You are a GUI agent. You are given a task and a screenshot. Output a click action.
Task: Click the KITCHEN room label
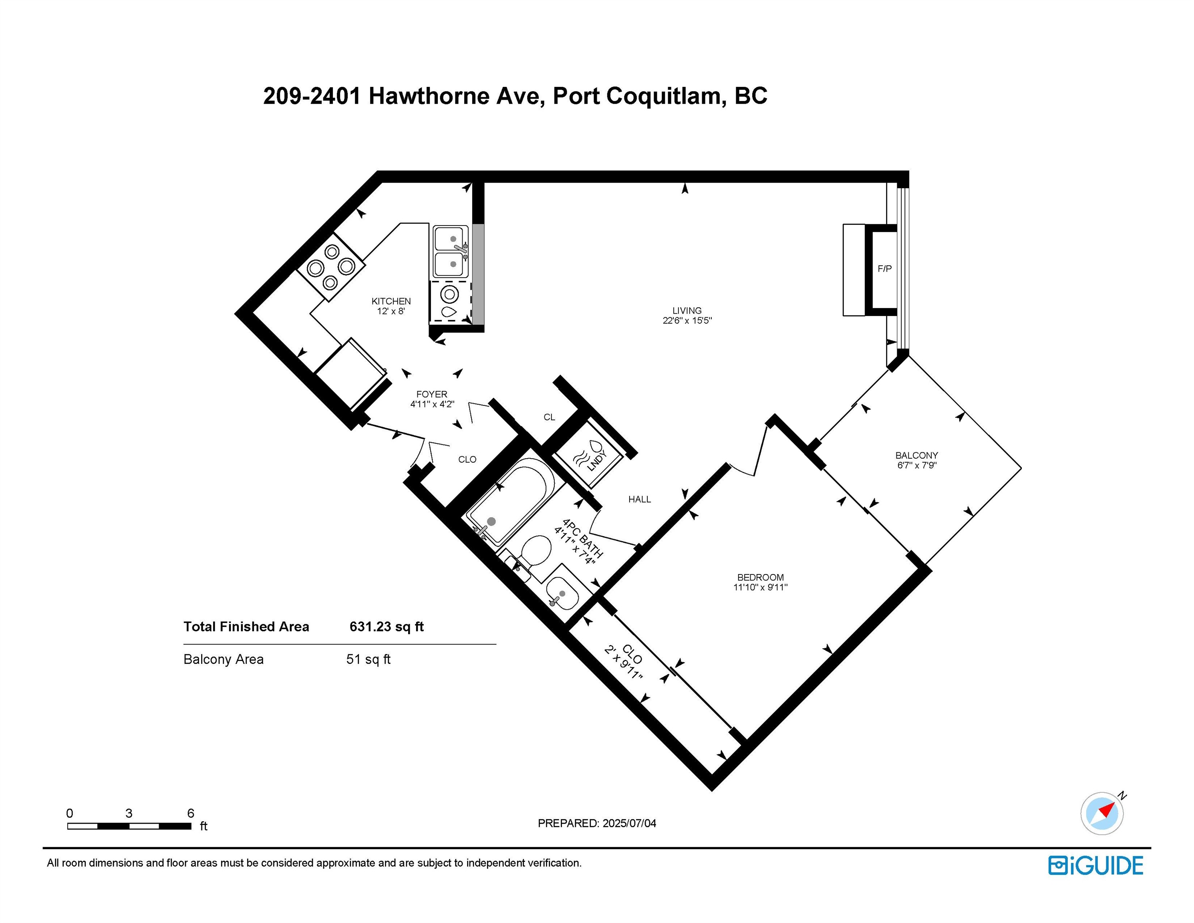(391, 301)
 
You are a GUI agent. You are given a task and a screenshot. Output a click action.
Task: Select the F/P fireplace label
(884, 268)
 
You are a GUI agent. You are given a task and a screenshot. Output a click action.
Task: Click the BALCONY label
(916, 455)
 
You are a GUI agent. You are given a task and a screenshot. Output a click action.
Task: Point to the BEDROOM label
(760, 577)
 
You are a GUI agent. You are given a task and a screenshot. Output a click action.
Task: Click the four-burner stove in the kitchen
(331, 267)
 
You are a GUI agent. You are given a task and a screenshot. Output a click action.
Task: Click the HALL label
(639, 499)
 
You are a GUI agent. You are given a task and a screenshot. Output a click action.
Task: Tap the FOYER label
(431, 394)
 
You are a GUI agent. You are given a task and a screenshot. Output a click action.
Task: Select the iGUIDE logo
(1095, 866)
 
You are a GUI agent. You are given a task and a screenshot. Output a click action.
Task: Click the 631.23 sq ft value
(387, 627)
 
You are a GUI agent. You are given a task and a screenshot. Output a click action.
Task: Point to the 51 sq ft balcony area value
(368, 659)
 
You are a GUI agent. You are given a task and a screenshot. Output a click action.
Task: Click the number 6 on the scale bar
(190, 813)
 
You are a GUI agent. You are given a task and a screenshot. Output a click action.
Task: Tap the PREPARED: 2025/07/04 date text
(596, 823)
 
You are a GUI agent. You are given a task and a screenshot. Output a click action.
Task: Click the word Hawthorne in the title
(428, 96)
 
